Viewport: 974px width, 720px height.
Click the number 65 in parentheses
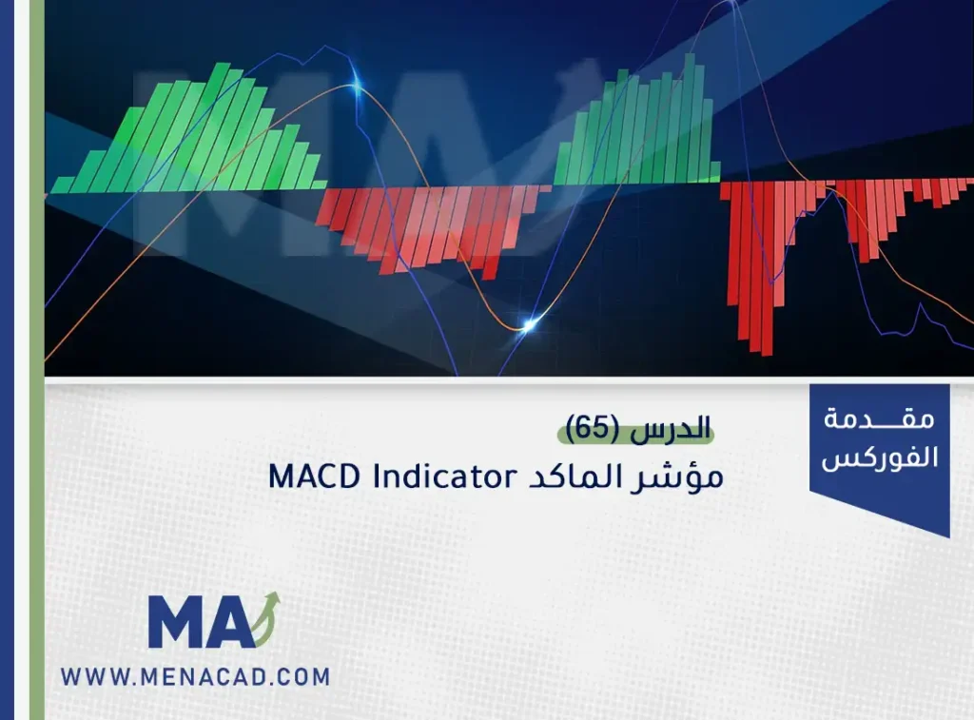tap(593, 429)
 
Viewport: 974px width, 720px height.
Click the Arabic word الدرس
tap(671, 429)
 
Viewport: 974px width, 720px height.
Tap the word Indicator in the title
tap(445, 477)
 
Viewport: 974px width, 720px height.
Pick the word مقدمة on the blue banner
tap(879, 419)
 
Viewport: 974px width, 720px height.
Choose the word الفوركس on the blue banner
tap(880, 457)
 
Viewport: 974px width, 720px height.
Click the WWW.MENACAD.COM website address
tap(195, 676)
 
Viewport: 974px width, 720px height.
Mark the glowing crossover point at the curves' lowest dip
tap(528, 324)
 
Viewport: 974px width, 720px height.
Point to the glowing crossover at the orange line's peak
tap(356, 87)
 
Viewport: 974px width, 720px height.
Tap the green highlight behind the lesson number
tap(635, 434)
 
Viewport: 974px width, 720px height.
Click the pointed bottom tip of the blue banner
tap(948, 536)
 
